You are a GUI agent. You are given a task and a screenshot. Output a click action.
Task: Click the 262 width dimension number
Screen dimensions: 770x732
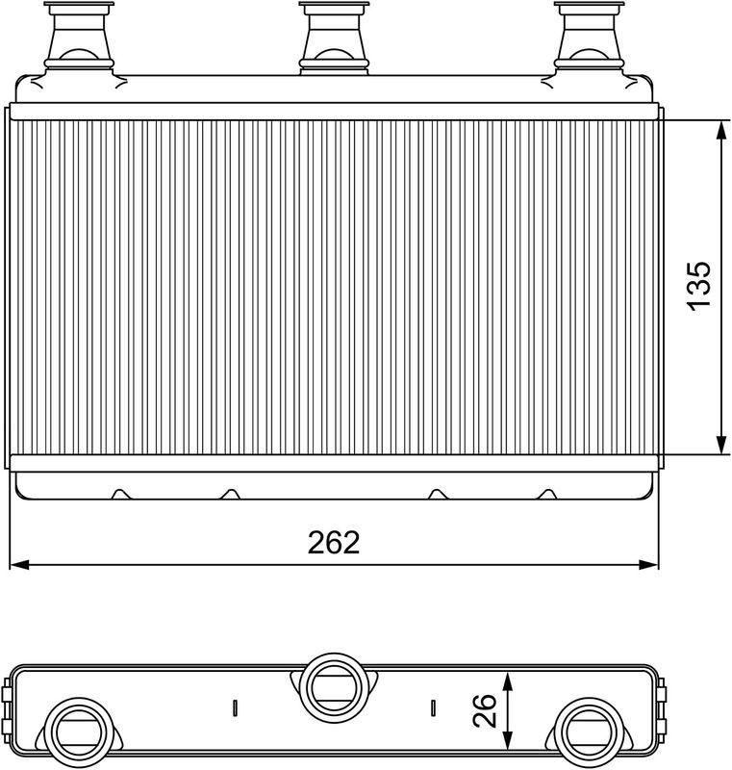pyautogui.click(x=334, y=543)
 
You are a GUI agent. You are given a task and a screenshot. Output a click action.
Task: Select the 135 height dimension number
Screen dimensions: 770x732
pyautogui.click(x=699, y=285)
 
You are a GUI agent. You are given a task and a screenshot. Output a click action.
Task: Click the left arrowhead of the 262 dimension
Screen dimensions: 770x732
pyautogui.click(x=17, y=562)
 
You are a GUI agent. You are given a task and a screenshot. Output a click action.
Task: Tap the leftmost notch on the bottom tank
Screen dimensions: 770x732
pyautogui.click(x=119, y=494)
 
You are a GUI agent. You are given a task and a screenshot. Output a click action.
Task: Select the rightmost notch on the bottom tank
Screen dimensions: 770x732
pyautogui.click(x=546, y=494)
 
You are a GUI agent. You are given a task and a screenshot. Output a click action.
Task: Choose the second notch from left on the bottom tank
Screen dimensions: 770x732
pyautogui.click(x=229, y=494)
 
